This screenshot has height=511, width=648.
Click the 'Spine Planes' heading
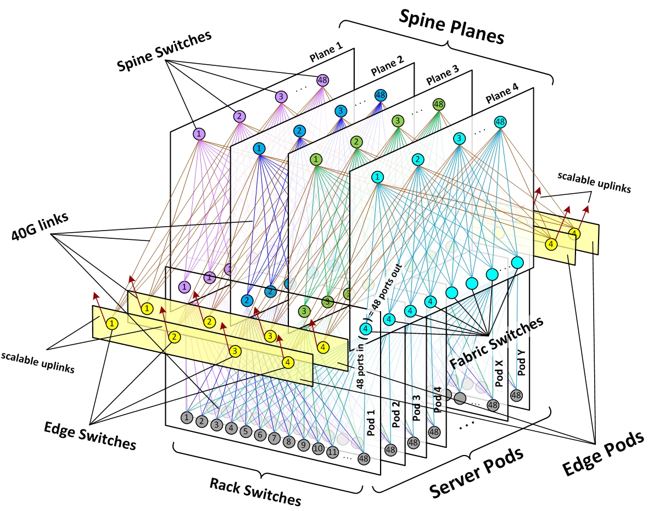(452, 28)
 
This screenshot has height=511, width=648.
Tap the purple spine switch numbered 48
(323, 80)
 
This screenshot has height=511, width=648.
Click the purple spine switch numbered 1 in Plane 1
(199, 134)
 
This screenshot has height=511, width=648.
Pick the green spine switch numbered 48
(438, 103)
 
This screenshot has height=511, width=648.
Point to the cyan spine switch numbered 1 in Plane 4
(377, 177)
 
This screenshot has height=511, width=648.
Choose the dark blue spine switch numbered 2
(299, 131)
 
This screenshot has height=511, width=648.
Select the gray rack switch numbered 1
(187, 418)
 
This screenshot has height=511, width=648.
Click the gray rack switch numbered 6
(260, 435)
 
